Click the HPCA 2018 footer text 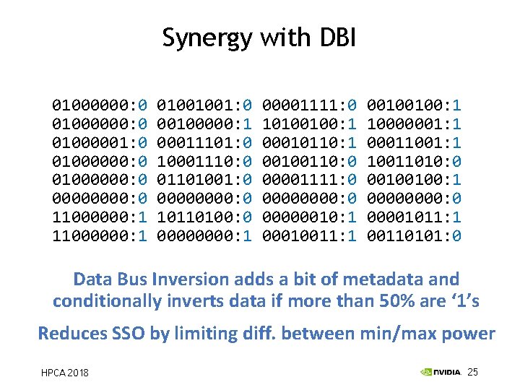tap(64, 373)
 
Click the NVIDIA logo tap(441, 373)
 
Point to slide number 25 tap(473, 372)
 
